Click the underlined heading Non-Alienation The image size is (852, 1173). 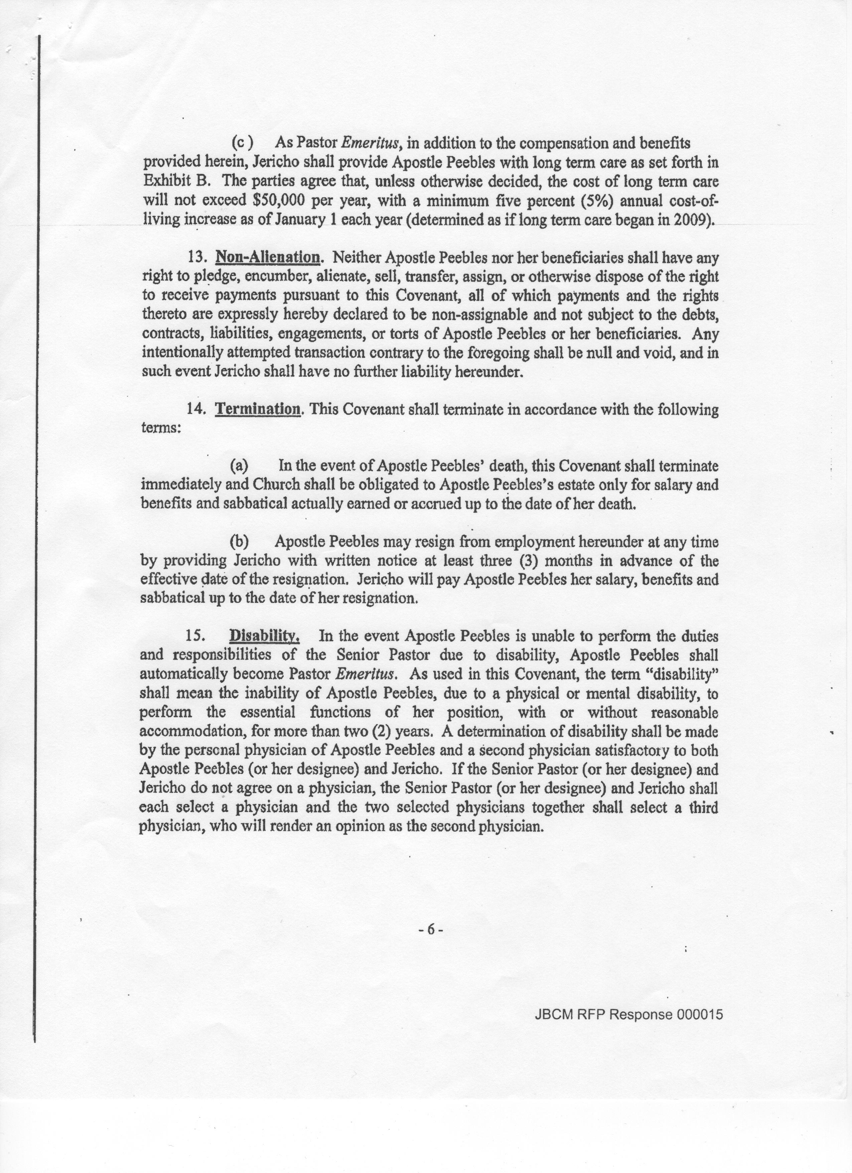click(x=267, y=257)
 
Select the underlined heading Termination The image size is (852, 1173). click(x=258, y=410)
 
